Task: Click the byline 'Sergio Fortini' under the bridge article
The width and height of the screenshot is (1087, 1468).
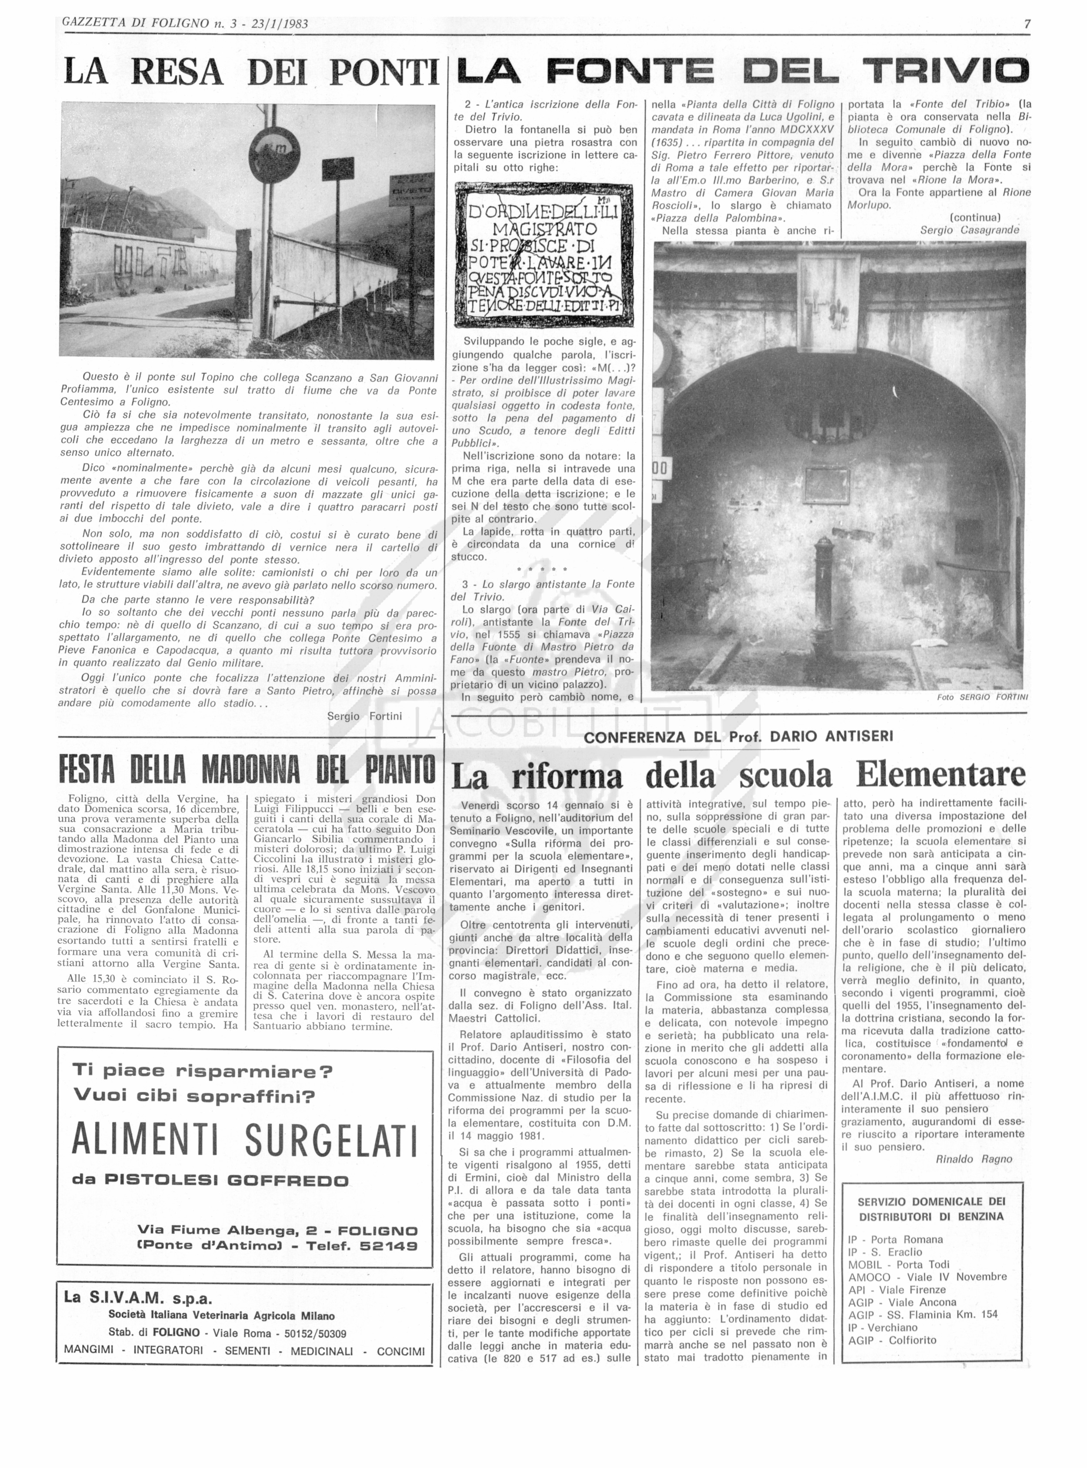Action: click(364, 716)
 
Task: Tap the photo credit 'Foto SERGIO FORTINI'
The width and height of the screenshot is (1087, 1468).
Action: click(982, 697)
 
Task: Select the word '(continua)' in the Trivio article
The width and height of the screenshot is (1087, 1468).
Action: click(975, 217)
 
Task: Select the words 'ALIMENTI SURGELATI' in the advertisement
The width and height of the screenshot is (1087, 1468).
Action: click(245, 1140)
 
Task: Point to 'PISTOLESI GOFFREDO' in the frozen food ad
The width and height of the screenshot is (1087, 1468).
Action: click(227, 1180)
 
